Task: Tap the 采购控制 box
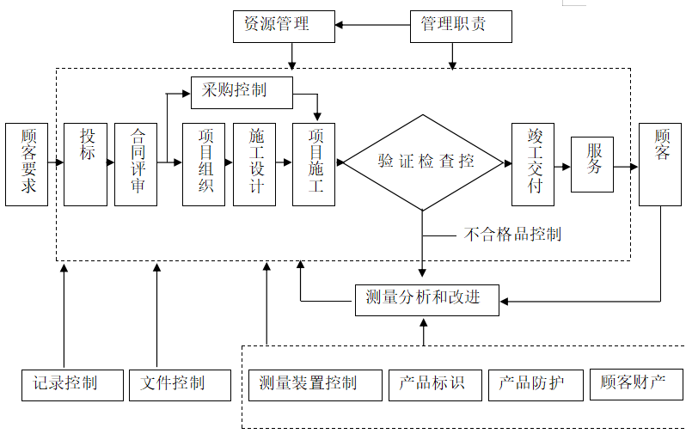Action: pos(242,89)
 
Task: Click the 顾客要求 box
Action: pos(27,164)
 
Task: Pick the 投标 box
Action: pos(85,164)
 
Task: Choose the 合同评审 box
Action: pos(136,164)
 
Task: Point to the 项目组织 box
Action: pos(204,164)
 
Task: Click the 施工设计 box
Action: pos(254,164)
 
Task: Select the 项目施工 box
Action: pos(314,164)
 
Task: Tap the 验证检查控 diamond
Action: pos(422,162)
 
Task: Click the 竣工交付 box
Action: pos(533,164)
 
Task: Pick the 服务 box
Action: pos(592,164)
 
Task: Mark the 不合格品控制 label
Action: pos(512,234)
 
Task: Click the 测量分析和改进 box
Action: pos(426,298)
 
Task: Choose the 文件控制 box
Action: pos(180,383)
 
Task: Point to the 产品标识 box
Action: pos(433,383)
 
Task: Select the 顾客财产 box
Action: pos(636,383)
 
